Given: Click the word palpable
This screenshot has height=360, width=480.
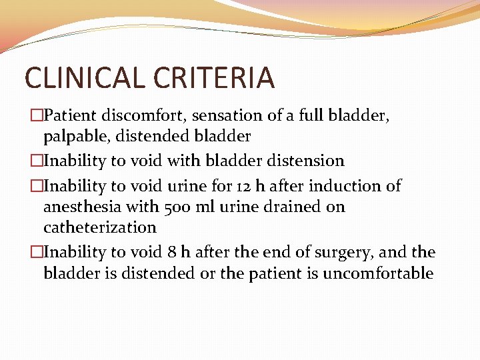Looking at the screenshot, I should pyautogui.click(x=73, y=136).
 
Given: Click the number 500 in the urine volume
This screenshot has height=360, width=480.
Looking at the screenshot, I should pyautogui.click(x=180, y=207).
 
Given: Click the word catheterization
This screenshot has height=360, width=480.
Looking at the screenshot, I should pyautogui.click(x=99, y=227).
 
